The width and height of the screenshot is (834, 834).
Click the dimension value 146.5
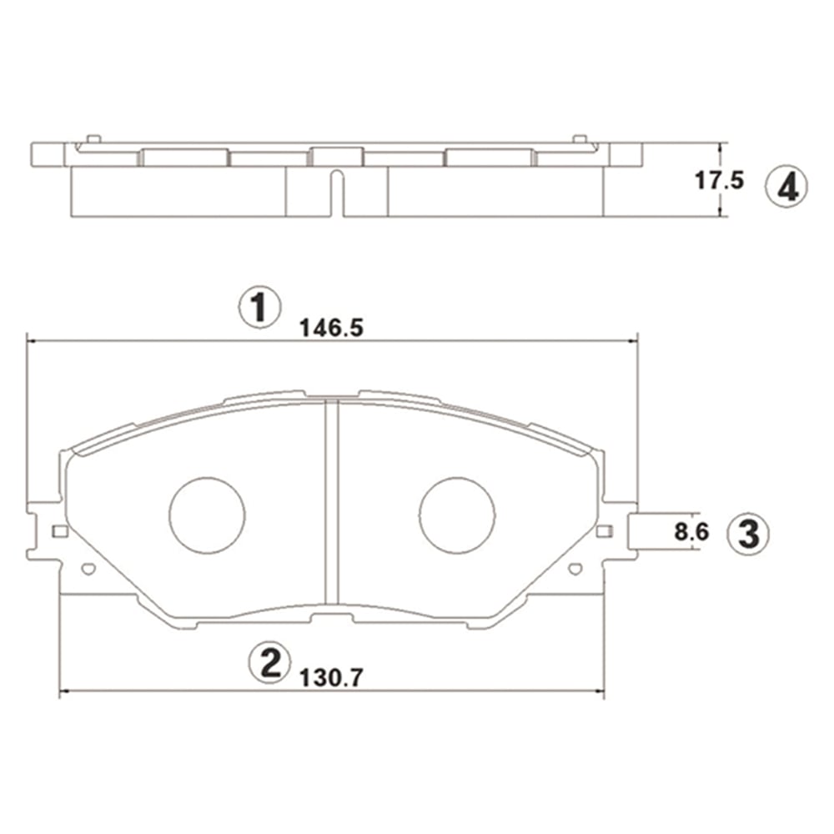click(331, 328)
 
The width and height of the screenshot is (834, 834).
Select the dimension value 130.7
click(331, 677)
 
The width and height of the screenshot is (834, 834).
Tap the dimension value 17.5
click(719, 181)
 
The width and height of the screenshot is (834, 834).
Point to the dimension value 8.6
click(691, 531)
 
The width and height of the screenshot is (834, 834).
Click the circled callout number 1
click(259, 308)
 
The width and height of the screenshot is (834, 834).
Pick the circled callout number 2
click(271, 662)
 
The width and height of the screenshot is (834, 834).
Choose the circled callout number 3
click(748, 534)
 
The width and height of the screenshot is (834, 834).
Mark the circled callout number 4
click(786, 187)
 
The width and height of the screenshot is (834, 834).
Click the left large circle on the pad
click(207, 515)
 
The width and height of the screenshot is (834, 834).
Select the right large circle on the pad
click(457, 515)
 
